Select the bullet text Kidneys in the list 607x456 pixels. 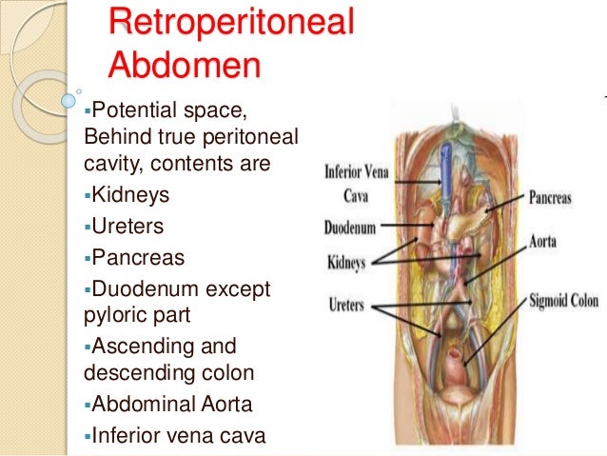(x=131, y=195)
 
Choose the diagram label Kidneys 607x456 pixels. (x=347, y=260)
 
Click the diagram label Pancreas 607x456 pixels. (x=549, y=199)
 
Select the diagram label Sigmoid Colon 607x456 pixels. (x=564, y=301)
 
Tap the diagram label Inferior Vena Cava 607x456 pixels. (x=355, y=183)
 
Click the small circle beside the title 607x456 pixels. (x=68, y=98)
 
